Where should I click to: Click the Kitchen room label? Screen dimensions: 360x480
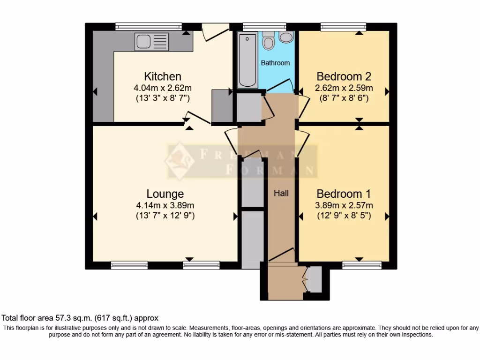click(x=162, y=76)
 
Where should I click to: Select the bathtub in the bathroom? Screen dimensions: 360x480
click(x=247, y=60)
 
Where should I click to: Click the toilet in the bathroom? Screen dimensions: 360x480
click(x=269, y=41)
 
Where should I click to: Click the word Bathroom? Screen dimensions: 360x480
click(x=275, y=63)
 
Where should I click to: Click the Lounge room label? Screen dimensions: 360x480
click(x=165, y=194)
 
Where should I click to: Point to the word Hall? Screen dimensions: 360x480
click(x=281, y=193)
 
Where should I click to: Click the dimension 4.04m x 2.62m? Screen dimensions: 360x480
click(x=163, y=88)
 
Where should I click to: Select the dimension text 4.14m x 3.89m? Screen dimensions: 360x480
click(x=165, y=205)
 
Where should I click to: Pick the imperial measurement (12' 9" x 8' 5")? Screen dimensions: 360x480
click(x=345, y=216)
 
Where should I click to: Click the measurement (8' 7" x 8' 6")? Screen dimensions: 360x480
click(x=345, y=98)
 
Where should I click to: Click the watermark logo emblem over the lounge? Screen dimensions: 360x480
click(x=180, y=161)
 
